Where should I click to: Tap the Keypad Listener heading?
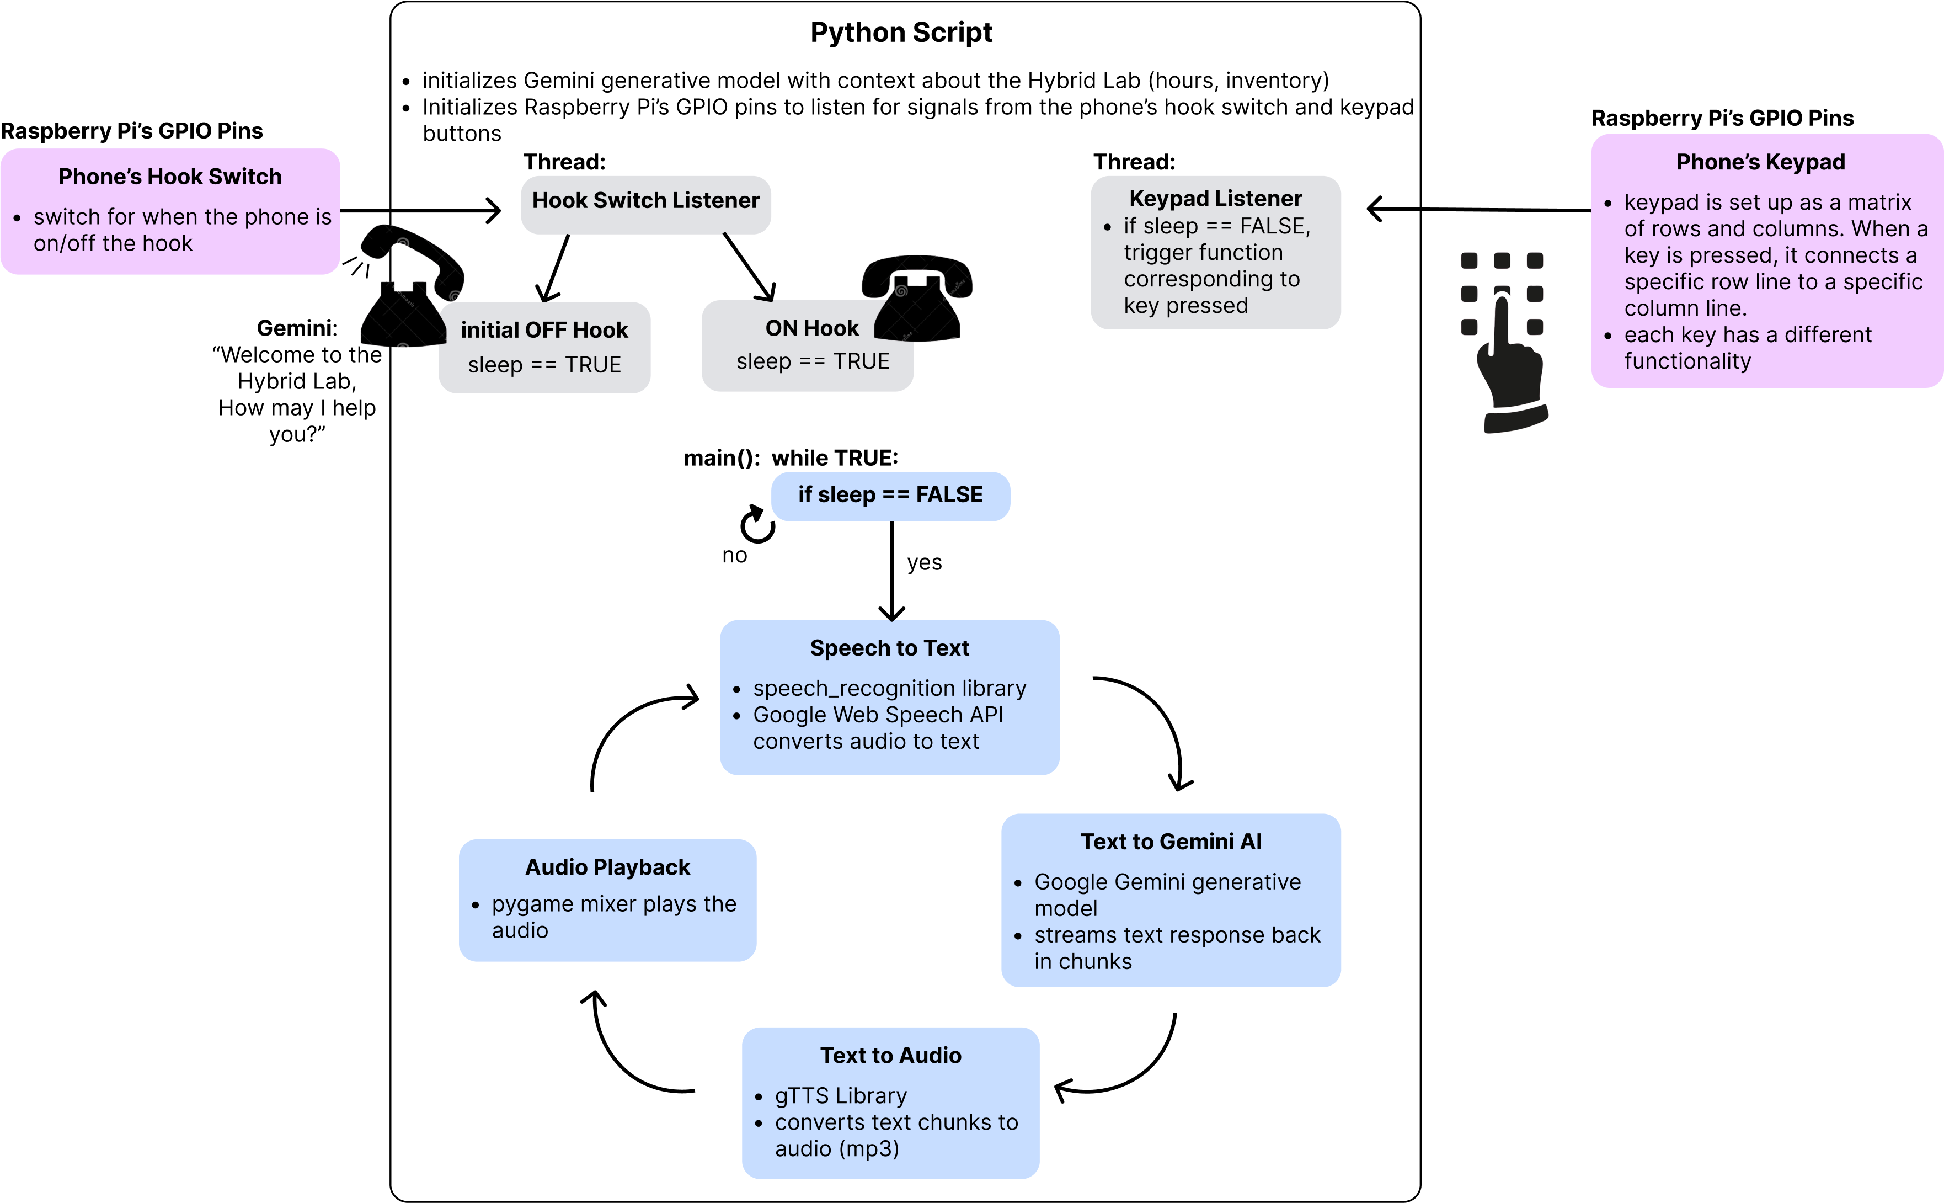[x=1215, y=198]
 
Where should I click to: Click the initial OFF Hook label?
[x=544, y=330]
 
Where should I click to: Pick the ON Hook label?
[x=811, y=328]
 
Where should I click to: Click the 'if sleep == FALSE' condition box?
[x=889, y=495]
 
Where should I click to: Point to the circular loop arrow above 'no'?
[x=757, y=524]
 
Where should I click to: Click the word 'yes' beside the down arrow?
[x=923, y=562]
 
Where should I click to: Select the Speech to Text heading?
[x=889, y=648]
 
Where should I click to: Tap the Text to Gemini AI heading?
[x=1170, y=842]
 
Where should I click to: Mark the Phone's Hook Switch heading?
[x=169, y=177]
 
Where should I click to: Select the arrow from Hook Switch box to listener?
[x=445, y=211]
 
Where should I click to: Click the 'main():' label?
[x=720, y=458]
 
